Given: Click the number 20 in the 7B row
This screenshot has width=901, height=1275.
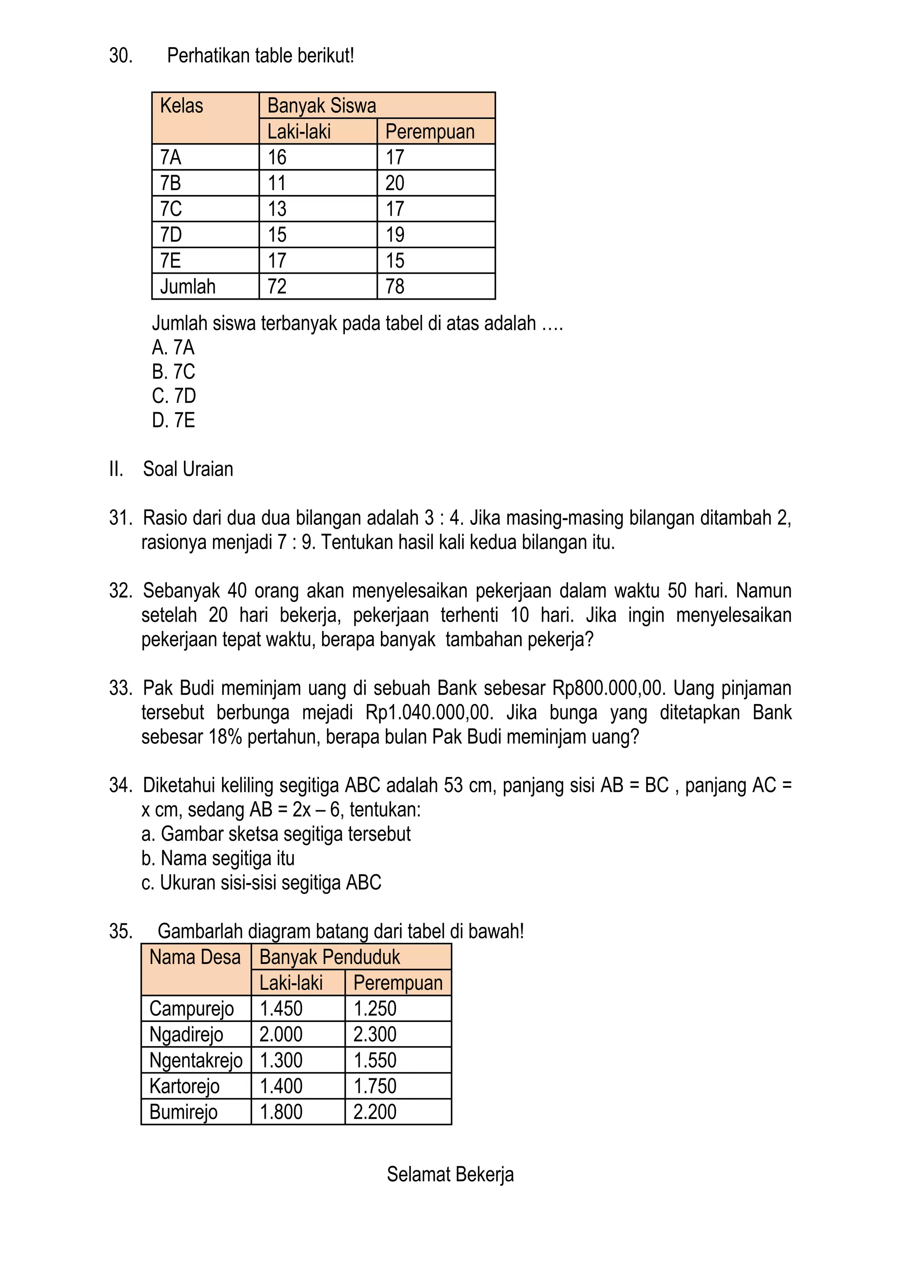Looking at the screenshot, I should (x=395, y=183).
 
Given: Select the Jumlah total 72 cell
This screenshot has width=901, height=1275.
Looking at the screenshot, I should (x=277, y=286).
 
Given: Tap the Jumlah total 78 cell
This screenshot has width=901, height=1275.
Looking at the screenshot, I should (x=395, y=286).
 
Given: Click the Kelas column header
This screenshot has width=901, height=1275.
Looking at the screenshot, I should (x=182, y=106).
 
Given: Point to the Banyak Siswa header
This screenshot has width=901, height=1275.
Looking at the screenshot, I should (x=322, y=106).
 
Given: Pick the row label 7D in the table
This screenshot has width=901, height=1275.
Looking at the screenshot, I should (x=171, y=234).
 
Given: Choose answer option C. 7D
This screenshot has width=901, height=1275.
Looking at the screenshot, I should (x=174, y=396).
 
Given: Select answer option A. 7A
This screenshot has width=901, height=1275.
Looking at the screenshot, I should (x=173, y=348).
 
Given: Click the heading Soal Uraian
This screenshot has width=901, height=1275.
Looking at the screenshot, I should (x=188, y=469).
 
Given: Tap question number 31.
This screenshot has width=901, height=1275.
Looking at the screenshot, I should (x=120, y=517).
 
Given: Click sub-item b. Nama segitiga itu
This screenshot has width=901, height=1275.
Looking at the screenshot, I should (x=218, y=858).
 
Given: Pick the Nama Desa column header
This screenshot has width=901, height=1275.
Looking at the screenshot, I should (x=195, y=957).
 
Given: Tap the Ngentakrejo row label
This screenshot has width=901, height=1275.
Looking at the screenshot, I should (x=196, y=1060).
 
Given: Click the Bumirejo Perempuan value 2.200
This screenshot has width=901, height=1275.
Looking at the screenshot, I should (x=375, y=1112).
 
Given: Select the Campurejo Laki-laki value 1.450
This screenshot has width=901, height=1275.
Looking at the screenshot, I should (x=281, y=1008).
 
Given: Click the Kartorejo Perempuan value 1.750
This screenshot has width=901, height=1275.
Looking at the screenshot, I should (x=375, y=1086).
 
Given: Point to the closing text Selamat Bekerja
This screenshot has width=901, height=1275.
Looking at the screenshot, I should (x=450, y=1175).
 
